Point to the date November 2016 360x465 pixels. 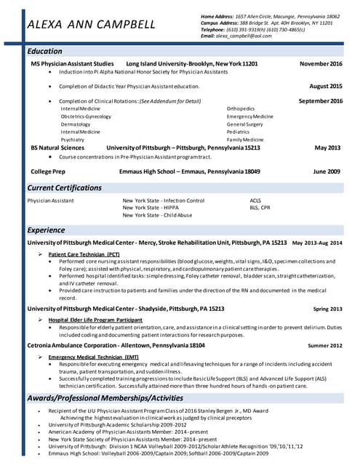tap(321, 64)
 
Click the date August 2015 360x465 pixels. tap(326, 86)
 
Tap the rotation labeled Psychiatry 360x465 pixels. tap(73, 139)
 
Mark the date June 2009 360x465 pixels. tap(327, 171)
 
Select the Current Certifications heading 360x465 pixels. tap(64, 188)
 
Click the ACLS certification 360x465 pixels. tap(255, 200)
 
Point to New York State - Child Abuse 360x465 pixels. tap(157, 216)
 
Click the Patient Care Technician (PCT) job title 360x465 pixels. tap(84, 254)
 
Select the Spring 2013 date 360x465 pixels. tap(327, 309)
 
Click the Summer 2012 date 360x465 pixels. tap(324, 346)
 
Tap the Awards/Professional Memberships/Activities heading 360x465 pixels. tap(105, 397)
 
